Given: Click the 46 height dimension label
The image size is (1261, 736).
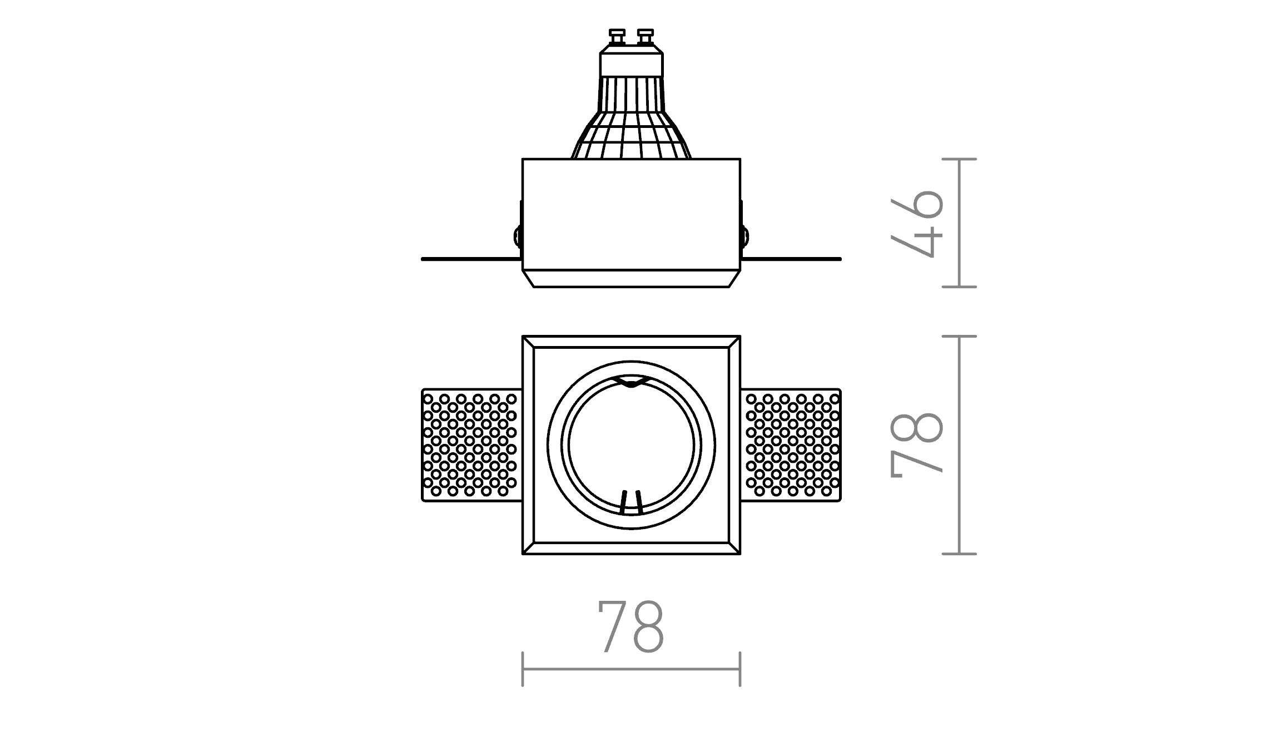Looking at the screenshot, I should point(917,223).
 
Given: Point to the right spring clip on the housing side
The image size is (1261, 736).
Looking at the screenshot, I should point(744,235).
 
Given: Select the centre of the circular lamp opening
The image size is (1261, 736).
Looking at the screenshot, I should point(631,445).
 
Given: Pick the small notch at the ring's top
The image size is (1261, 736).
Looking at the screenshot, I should point(631,381).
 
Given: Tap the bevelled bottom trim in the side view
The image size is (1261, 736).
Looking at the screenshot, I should point(631,279).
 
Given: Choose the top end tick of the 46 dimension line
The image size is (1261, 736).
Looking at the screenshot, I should point(960,159).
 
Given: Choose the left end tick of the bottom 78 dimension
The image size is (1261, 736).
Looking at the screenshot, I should point(523,669).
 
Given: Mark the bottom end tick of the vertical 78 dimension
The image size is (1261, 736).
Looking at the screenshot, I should point(960,554).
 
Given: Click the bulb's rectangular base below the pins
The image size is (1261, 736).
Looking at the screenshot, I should point(631,64).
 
